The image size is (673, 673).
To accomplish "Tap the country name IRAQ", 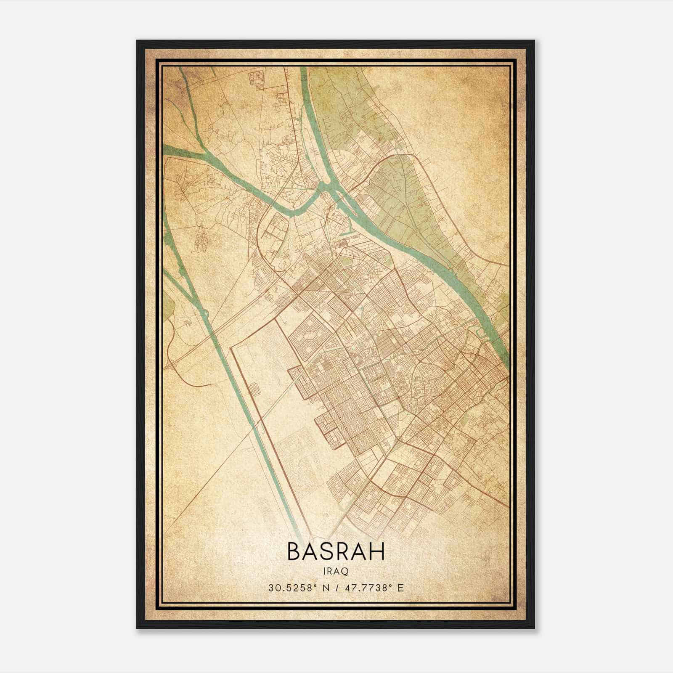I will pos(336,571).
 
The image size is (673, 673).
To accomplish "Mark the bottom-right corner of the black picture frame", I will pos(534,628).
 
